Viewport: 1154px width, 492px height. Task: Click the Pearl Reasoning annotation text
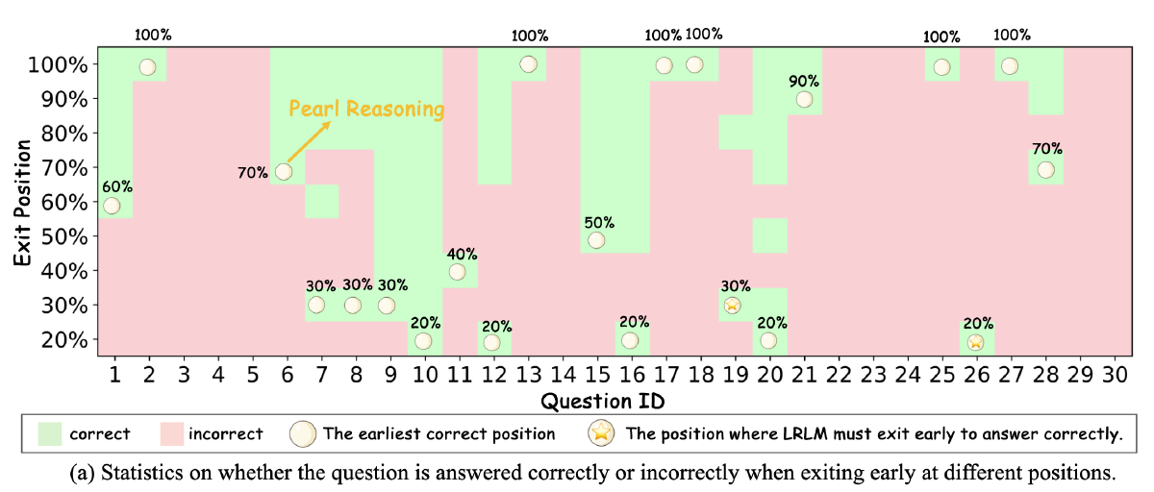(x=367, y=109)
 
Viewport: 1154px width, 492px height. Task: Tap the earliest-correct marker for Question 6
(x=284, y=172)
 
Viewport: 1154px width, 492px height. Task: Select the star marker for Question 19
(x=732, y=306)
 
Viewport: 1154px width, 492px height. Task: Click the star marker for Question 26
(x=975, y=341)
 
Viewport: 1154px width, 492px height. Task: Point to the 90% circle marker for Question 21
(x=804, y=99)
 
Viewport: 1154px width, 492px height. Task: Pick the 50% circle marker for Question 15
(x=596, y=240)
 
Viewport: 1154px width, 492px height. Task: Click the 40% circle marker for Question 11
(x=457, y=272)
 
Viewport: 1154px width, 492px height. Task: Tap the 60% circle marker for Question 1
(x=112, y=206)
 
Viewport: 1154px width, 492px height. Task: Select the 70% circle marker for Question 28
(x=1045, y=170)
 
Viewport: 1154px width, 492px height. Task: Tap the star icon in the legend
(x=602, y=433)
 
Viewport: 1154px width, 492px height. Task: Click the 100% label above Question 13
(x=529, y=36)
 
